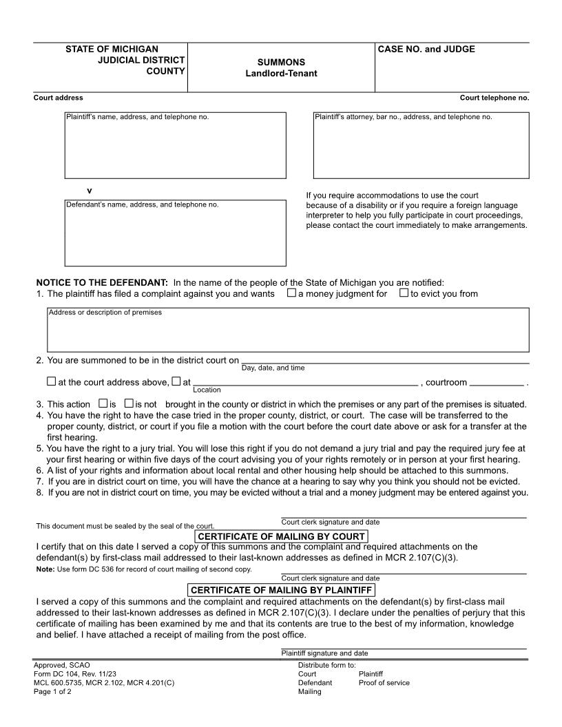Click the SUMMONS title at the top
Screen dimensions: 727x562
[281, 62]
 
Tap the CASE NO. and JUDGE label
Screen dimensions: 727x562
[426, 50]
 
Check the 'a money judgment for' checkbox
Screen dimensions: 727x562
[292, 294]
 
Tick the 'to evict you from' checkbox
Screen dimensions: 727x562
[404, 294]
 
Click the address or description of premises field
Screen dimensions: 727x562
[288, 332]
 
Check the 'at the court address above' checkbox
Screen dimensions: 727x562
[52, 381]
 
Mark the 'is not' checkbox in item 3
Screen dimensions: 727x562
[129, 403]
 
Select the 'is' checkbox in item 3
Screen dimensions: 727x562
[103, 403]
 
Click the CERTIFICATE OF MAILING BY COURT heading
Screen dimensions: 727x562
[281, 536]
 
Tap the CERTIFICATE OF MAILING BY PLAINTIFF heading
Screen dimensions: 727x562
[281, 590]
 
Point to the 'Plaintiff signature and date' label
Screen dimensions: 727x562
[324, 653]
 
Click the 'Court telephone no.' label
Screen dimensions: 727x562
[495, 98]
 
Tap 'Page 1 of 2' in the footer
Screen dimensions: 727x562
[52, 692]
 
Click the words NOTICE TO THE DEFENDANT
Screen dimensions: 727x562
[102, 282]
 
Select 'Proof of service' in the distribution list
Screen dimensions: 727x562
[384, 683]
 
